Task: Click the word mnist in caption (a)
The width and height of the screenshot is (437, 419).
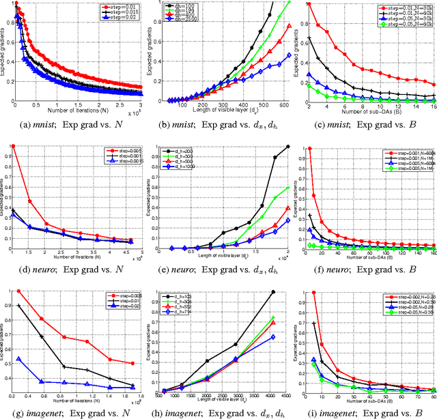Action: click(x=42, y=126)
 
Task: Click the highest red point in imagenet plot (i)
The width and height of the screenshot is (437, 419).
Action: click(x=313, y=291)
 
